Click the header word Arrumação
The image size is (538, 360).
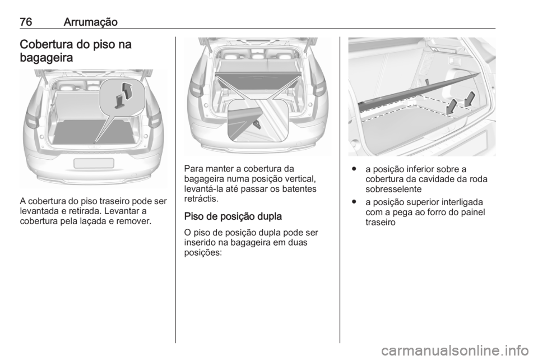tap(90, 21)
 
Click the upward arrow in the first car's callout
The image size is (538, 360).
tap(128, 89)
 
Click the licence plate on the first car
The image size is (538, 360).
tap(94, 163)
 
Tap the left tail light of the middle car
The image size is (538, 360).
tap(196, 89)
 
